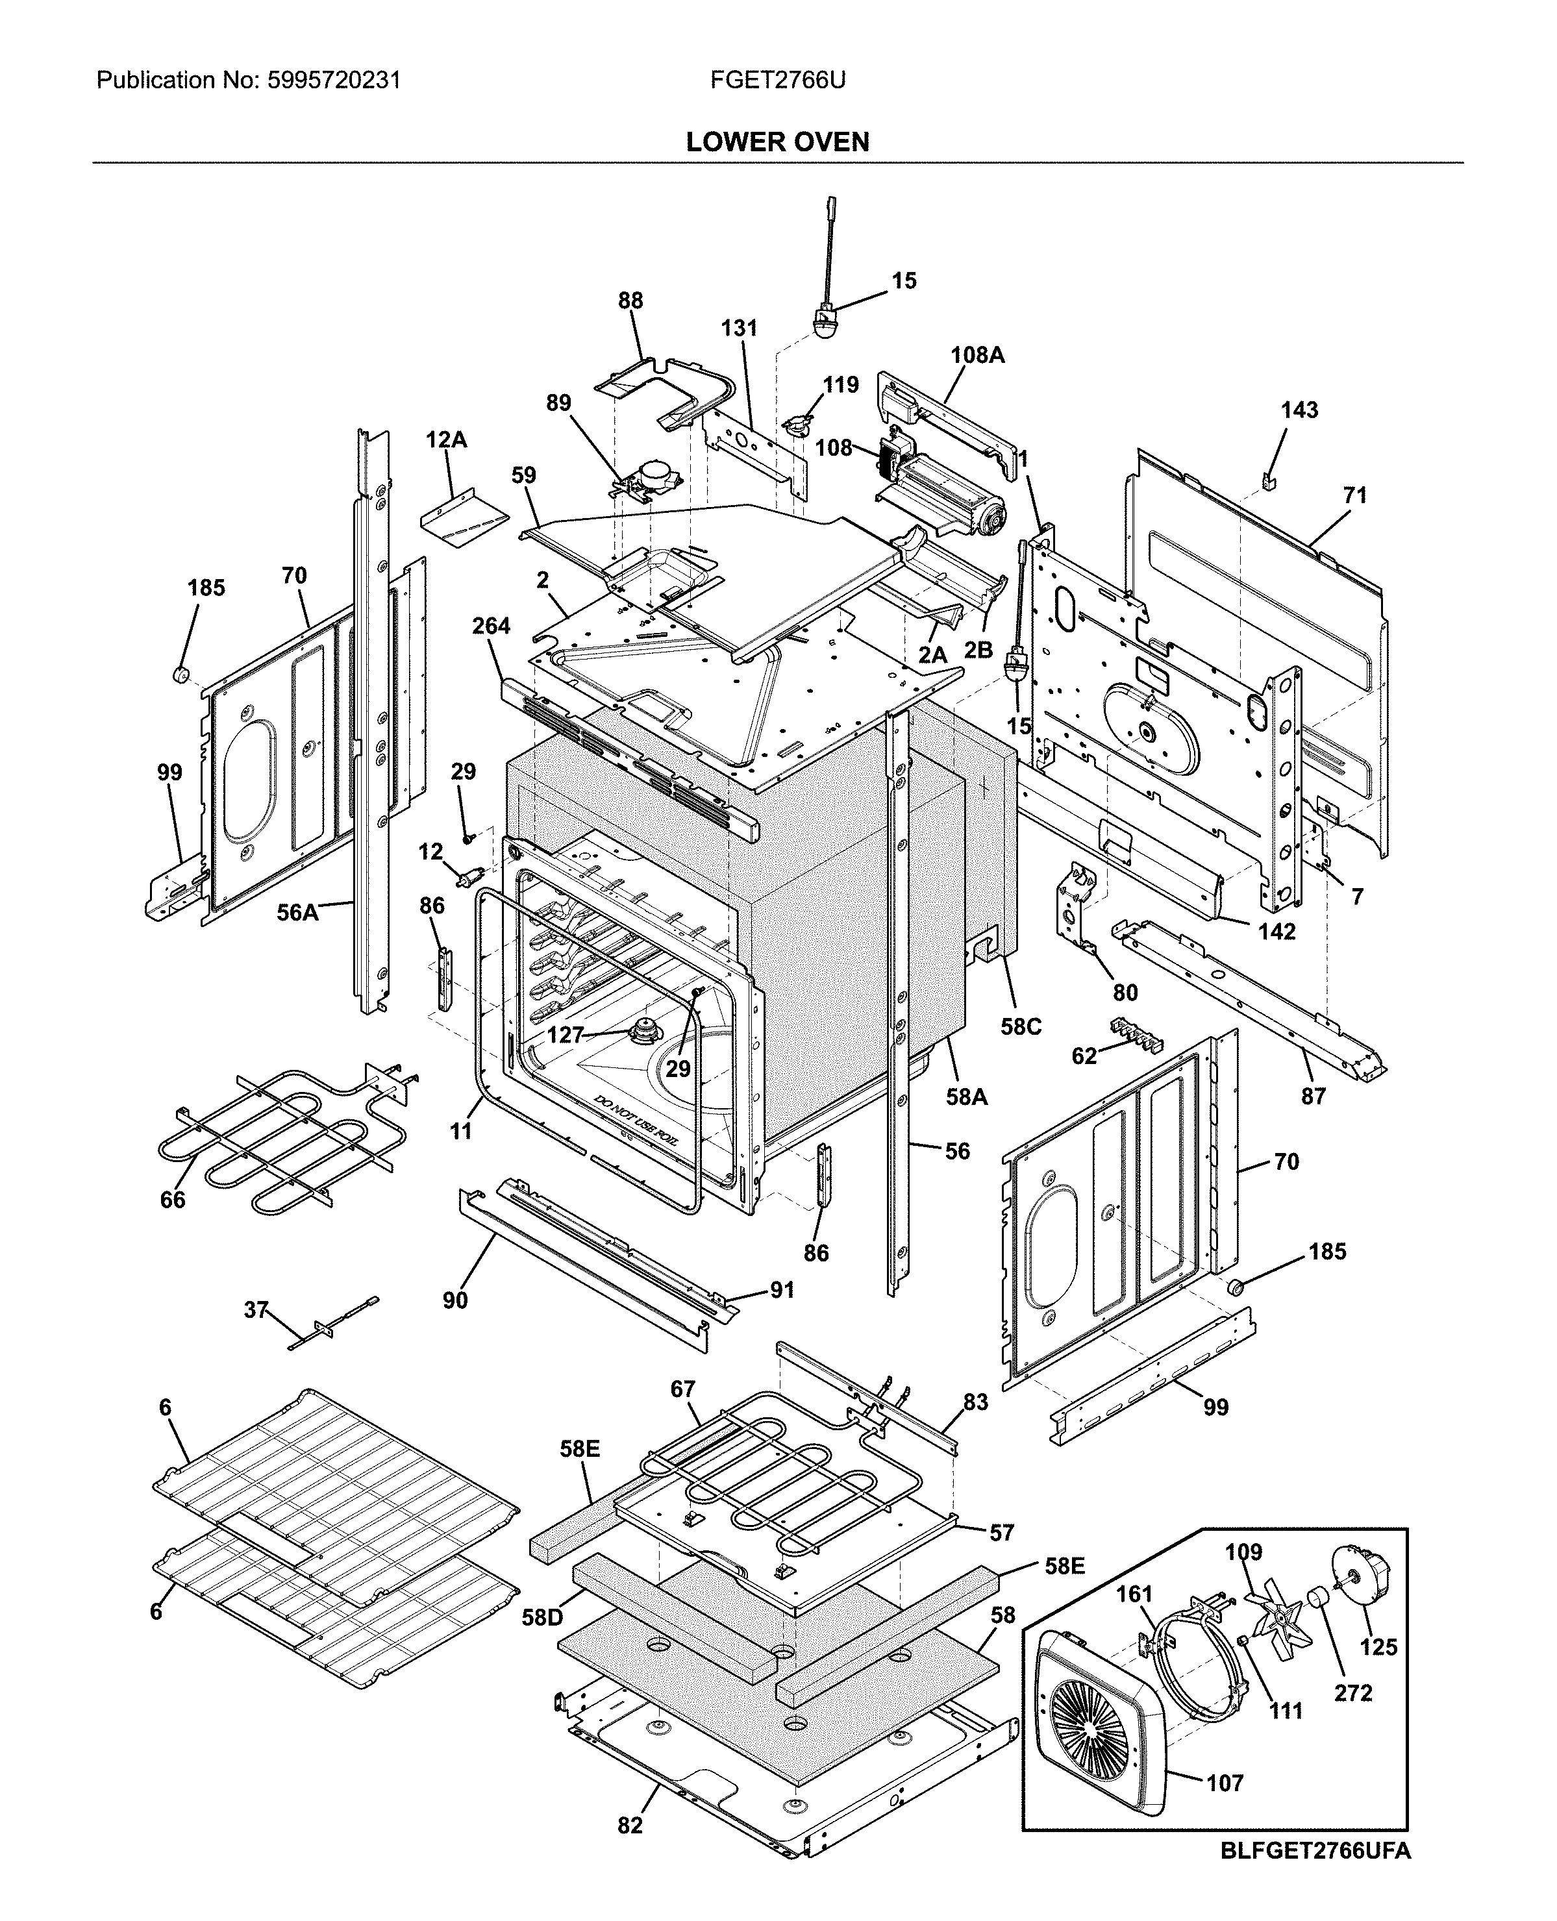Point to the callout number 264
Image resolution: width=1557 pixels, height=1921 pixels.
point(491,626)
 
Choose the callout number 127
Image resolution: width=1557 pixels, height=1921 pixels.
point(567,1035)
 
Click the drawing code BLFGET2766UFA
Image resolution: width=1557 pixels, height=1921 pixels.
point(1315,1851)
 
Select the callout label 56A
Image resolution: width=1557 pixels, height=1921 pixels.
point(297,913)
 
